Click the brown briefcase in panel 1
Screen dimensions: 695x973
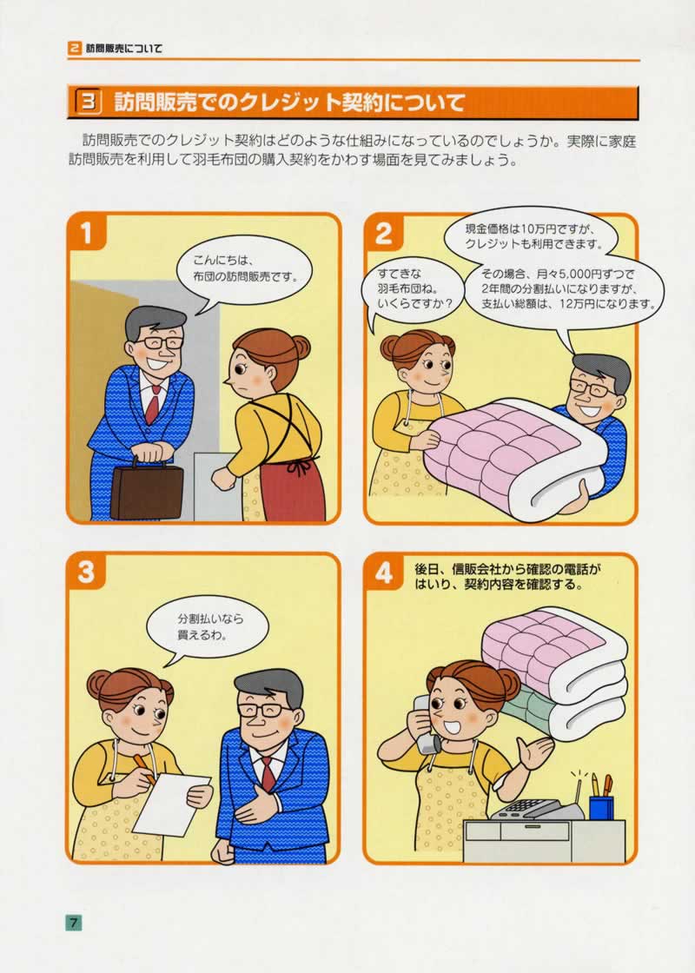(x=147, y=489)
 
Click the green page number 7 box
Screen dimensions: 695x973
(x=73, y=923)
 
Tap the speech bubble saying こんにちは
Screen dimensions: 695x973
(x=242, y=268)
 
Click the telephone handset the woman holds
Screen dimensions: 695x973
(x=426, y=725)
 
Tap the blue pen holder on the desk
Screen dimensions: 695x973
(x=600, y=807)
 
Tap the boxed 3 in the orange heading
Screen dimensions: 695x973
(x=89, y=103)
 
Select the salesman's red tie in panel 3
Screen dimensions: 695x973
(x=268, y=773)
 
